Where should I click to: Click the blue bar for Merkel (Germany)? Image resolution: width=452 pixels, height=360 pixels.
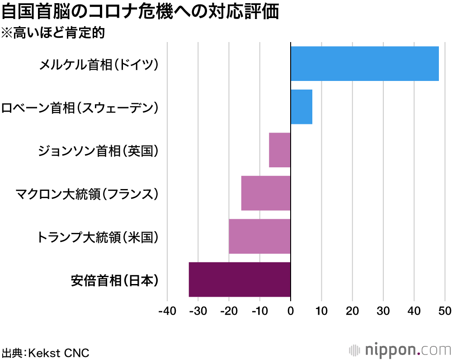pyautogui.click(x=364, y=64)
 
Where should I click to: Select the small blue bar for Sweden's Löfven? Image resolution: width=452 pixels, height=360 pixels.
pyautogui.click(x=301, y=107)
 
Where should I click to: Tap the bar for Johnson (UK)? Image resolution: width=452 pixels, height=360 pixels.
pyautogui.click(x=280, y=150)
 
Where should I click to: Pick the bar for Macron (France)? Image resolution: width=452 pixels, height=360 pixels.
pyautogui.click(x=266, y=193)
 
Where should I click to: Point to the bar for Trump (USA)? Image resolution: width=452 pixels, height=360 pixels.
pyautogui.click(x=259, y=236)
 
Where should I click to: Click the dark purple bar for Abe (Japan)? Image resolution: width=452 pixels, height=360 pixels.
pyautogui.click(x=240, y=279)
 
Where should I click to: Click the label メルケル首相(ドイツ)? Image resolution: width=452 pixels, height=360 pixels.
pyautogui.click(x=99, y=65)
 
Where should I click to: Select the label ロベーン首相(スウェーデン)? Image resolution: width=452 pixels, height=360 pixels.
pyautogui.click(x=80, y=108)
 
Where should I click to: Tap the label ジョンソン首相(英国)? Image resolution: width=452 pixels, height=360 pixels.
pyautogui.click(x=99, y=151)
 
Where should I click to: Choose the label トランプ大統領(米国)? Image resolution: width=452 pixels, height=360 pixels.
pyautogui.click(x=99, y=237)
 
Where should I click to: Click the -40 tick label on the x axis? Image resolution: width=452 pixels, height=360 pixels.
pyautogui.click(x=167, y=312)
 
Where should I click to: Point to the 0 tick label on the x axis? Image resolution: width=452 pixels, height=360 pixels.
pyautogui.click(x=291, y=312)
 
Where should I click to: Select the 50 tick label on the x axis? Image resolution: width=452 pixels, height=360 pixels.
pyautogui.click(x=445, y=312)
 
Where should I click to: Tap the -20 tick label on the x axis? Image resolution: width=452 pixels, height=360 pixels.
pyautogui.click(x=229, y=312)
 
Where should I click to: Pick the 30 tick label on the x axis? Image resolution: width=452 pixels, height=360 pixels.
pyautogui.click(x=383, y=312)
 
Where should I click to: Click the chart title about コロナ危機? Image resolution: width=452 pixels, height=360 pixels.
pyautogui.click(x=140, y=12)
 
